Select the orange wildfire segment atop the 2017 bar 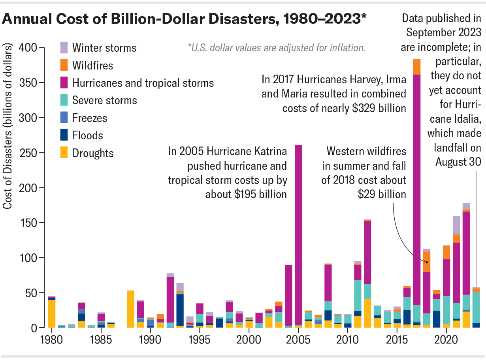tap(417, 67)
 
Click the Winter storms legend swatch tap(64, 48)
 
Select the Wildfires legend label tap(93, 66)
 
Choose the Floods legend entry tap(87, 135)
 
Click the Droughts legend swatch tap(64, 153)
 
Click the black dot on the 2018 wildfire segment tap(427, 262)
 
